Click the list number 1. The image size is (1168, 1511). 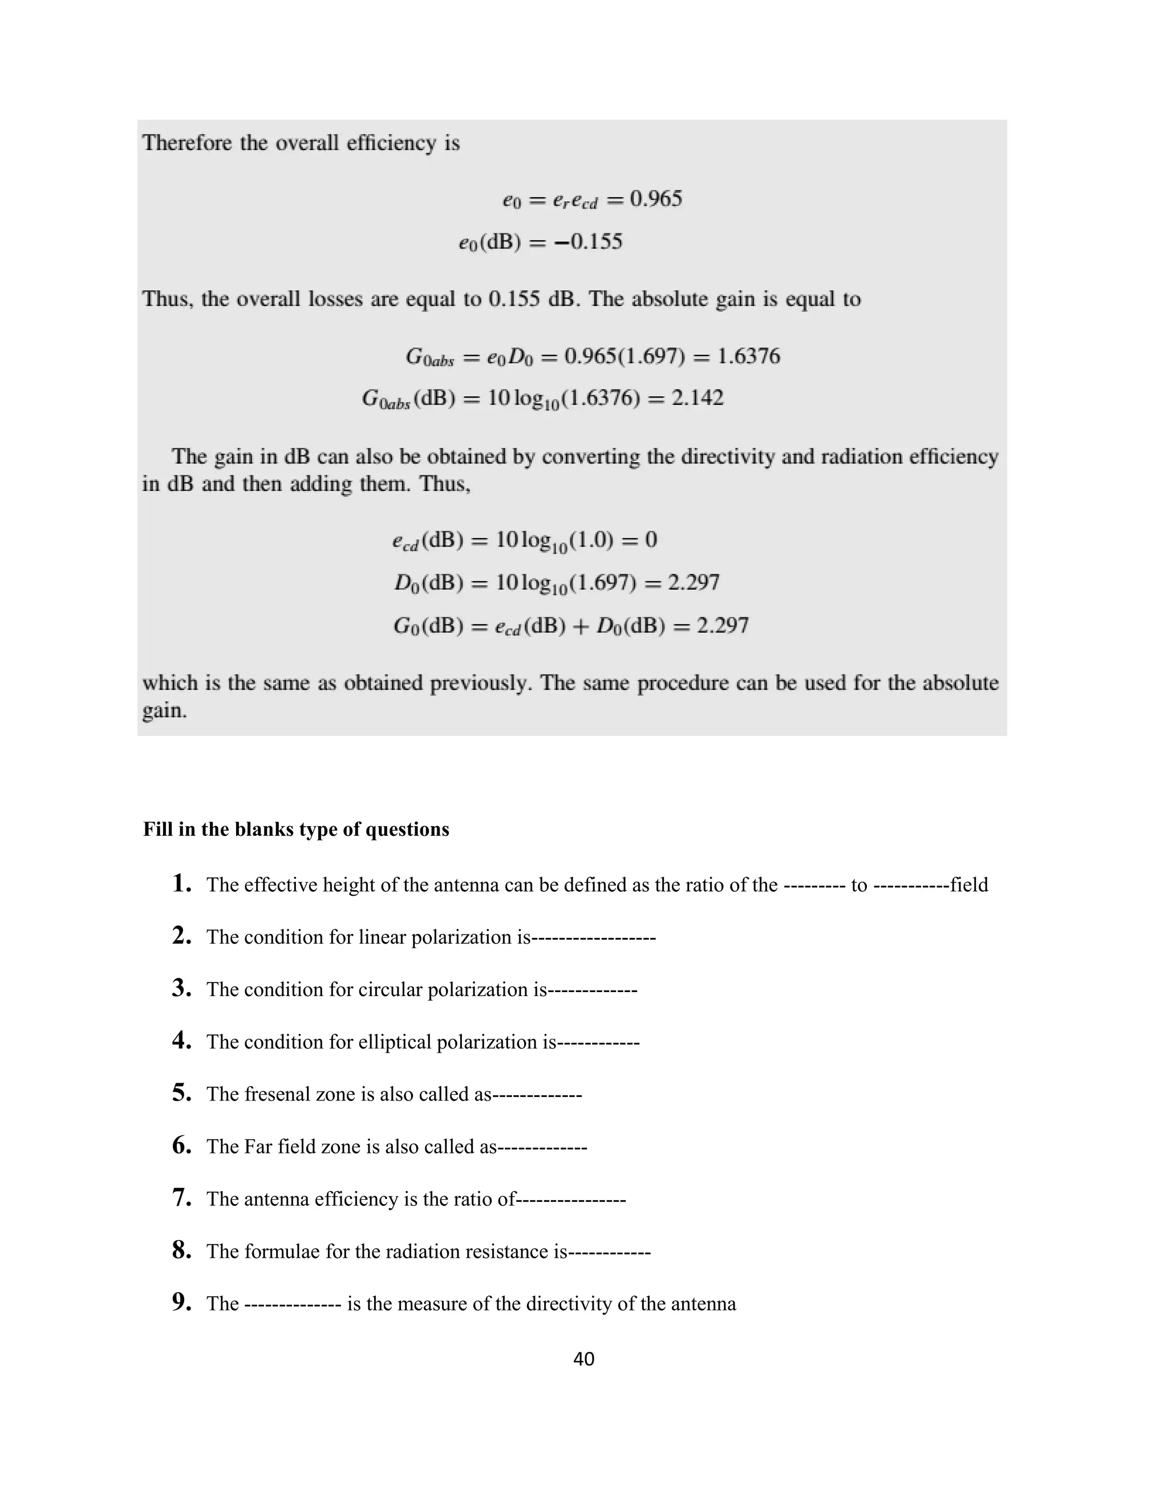tap(181, 883)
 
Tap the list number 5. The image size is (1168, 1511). tap(181, 1093)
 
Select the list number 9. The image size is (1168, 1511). tap(181, 1303)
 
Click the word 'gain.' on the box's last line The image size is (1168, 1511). tap(165, 710)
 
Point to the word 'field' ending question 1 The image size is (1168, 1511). tap(969, 885)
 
